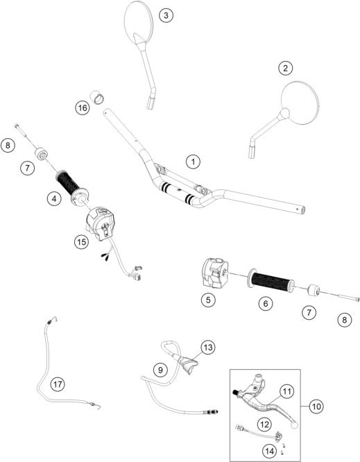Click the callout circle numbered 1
pyautogui.click(x=193, y=162)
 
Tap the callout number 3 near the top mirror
pyautogui.click(x=166, y=15)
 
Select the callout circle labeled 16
pyautogui.click(x=82, y=108)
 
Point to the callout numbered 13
pyautogui.click(x=208, y=348)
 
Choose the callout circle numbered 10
pyautogui.click(x=316, y=407)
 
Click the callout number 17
pyautogui.click(x=58, y=384)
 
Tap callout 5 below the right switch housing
pyautogui.click(x=208, y=300)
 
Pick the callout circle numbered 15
pyautogui.click(x=81, y=242)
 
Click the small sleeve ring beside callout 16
pyautogui.click(x=98, y=96)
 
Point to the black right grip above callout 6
pyautogui.click(x=273, y=282)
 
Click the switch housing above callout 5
pyautogui.click(x=214, y=272)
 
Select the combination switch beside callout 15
pyautogui.click(x=100, y=223)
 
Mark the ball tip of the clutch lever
pyautogui.click(x=294, y=424)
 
